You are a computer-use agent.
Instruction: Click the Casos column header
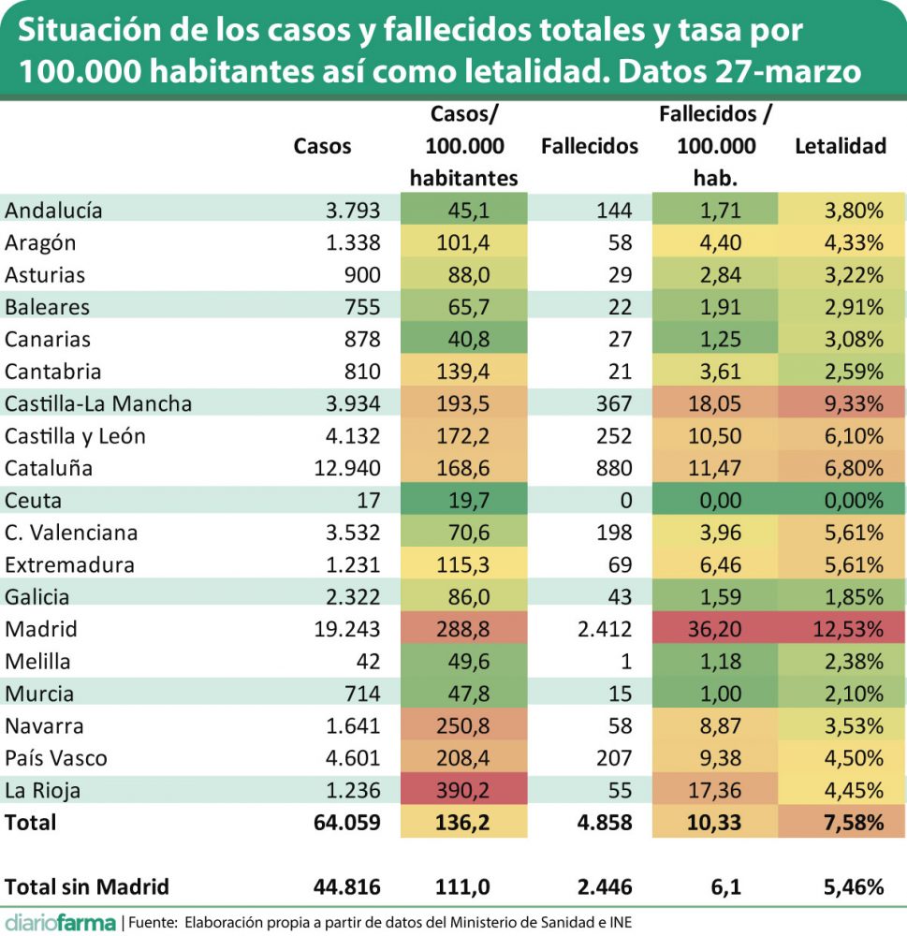(x=322, y=146)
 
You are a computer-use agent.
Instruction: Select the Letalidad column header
(x=840, y=146)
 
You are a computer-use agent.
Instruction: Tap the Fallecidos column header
(x=590, y=146)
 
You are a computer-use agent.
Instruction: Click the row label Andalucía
(x=53, y=211)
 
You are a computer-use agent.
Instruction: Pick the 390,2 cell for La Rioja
(x=463, y=790)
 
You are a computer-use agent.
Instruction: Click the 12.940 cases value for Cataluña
(x=347, y=468)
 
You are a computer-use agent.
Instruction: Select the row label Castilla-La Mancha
(x=98, y=403)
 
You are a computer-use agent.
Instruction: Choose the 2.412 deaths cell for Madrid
(x=606, y=629)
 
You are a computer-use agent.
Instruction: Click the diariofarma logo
(x=59, y=922)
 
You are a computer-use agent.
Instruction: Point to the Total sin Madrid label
(x=87, y=886)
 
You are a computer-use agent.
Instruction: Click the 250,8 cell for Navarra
(x=463, y=725)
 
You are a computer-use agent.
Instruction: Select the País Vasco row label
(x=56, y=758)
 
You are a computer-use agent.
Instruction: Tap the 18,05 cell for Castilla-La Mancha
(x=715, y=403)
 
